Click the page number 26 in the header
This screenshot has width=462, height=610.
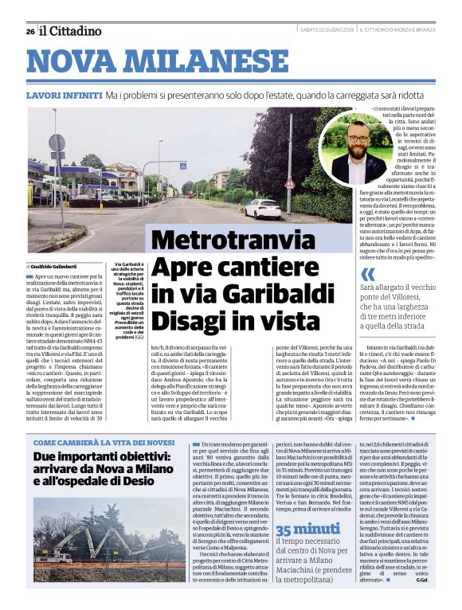point(29,31)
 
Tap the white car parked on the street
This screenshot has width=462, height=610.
point(263,209)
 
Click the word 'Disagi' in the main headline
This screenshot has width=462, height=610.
point(187,322)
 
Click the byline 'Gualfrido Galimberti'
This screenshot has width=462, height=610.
point(61,265)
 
